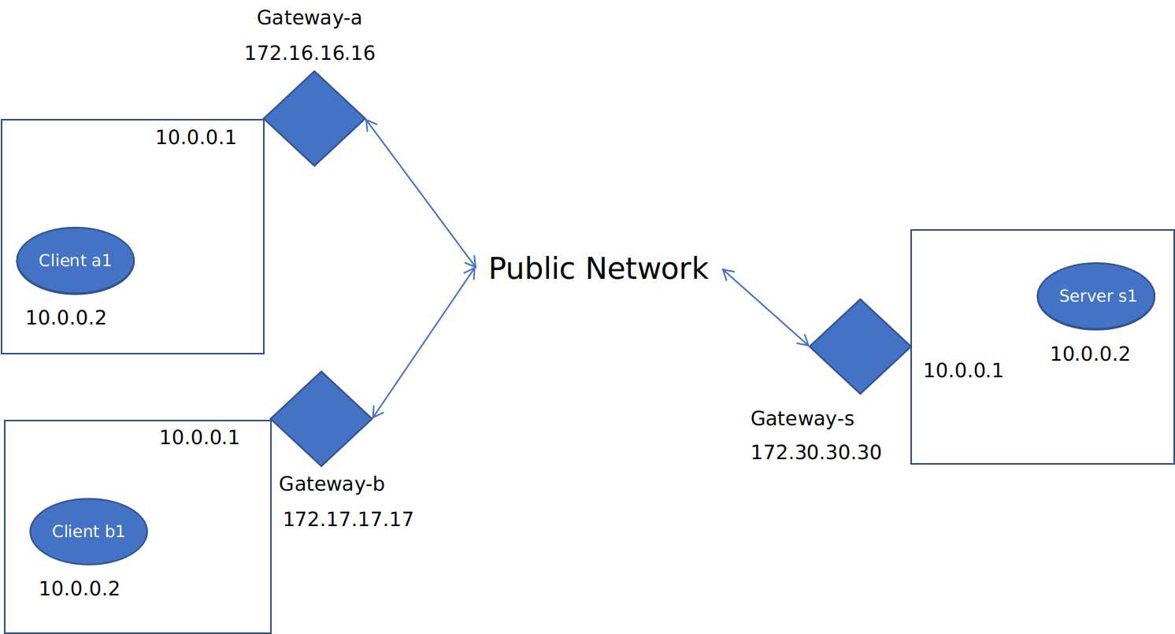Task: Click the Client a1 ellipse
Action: coord(76,260)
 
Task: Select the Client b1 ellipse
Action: coord(88,531)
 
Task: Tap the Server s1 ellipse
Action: coord(1095,295)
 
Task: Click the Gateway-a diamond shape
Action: coord(314,119)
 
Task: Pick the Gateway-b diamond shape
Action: coord(321,418)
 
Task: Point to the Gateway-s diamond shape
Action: coord(860,346)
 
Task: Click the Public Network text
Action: coord(598,269)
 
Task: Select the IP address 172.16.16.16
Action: coord(310,54)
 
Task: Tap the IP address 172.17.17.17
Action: coord(347,519)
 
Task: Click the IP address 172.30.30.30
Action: coord(815,452)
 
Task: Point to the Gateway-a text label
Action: coord(310,17)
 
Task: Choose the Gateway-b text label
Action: coord(332,484)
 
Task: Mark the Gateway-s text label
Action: coord(802,418)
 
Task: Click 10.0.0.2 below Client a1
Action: coord(66,318)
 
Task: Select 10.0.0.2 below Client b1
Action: coord(80,588)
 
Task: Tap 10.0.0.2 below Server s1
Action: coord(1090,354)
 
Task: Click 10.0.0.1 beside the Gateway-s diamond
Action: coord(963,370)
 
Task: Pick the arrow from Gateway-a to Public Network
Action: coord(421,194)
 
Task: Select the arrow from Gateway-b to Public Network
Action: coord(424,342)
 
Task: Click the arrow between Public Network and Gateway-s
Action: coord(765,307)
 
